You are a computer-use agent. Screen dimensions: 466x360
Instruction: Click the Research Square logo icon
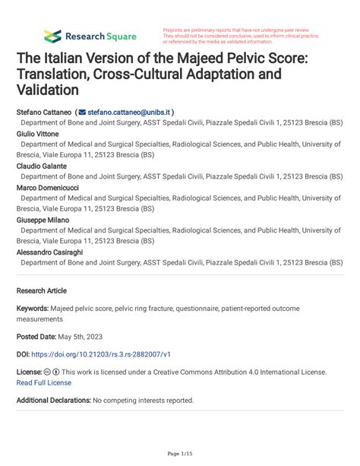pos(52,36)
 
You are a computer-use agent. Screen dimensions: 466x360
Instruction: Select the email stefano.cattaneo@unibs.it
pos(131,111)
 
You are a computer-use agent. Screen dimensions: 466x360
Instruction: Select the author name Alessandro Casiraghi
pos(51,250)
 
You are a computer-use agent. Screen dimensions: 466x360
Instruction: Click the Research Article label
pos(41,290)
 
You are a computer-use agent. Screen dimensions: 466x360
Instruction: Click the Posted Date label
pos(39,335)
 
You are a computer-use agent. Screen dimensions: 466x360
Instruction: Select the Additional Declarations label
pos(53,400)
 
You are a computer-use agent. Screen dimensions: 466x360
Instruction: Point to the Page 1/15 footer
pos(179,454)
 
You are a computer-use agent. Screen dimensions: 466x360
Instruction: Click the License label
pos(29,372)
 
